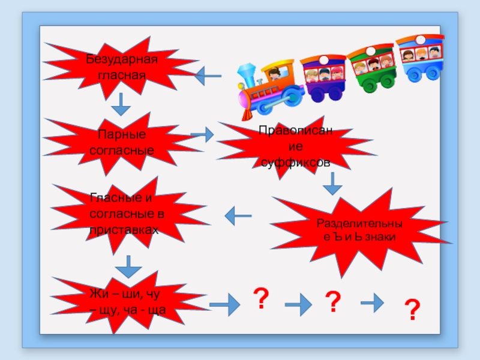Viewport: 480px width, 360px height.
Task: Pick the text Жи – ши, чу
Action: (x=125, y=294)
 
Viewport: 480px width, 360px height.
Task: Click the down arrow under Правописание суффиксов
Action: (x=332, y=184)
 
